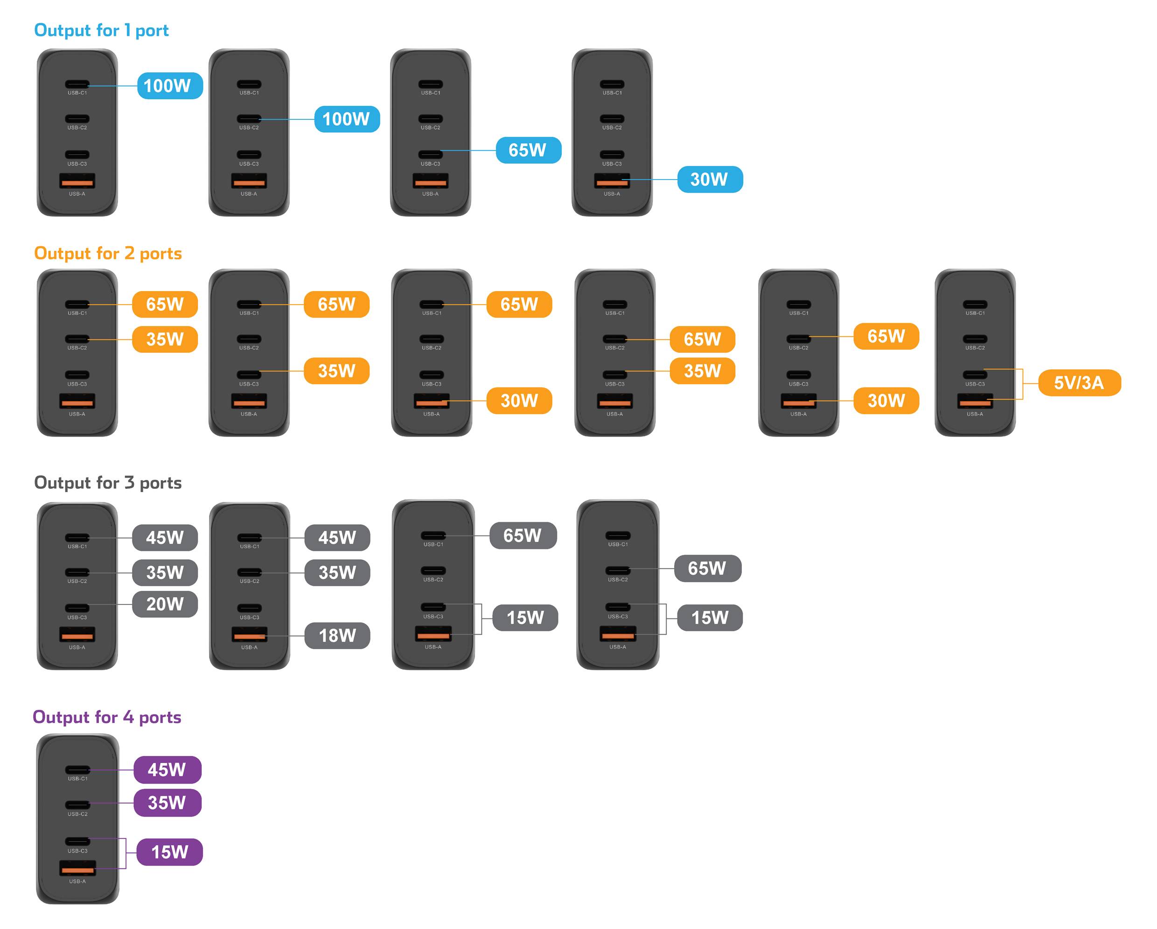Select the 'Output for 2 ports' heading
[108, 253]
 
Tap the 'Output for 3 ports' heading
[108, 483]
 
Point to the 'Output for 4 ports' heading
[107, 717]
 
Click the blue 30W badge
[710, 179]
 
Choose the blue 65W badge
[528, 150]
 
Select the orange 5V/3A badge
[1079, 382]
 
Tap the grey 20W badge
[165, 604]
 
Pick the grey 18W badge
[337, 636]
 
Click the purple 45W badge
[167, 770]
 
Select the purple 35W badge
[167, 803]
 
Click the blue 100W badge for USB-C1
[169, 86]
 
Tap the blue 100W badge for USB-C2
[347, 119]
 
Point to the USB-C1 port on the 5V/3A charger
[975, 304]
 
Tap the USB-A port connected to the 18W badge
[250, 635]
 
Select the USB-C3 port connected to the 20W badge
[77, 608]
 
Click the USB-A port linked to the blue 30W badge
[612, 181]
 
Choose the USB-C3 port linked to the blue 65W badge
[431, 154]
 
